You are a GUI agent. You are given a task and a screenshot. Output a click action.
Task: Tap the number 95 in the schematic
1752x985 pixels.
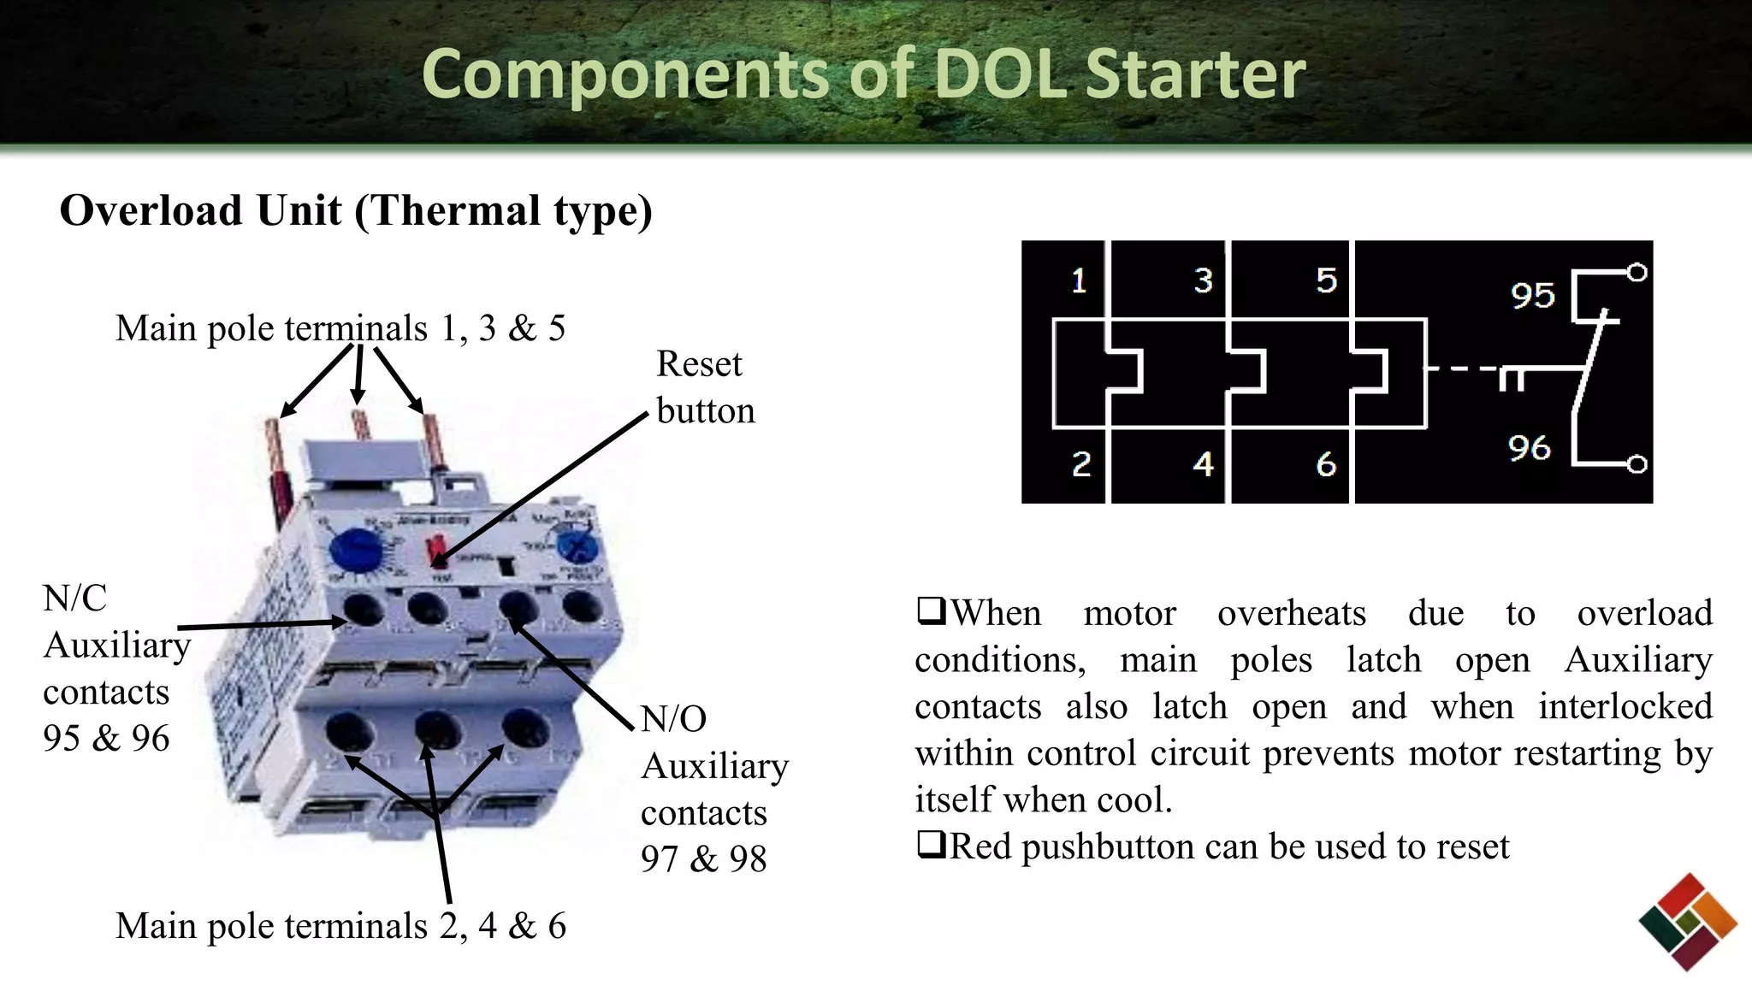coord(1532,296)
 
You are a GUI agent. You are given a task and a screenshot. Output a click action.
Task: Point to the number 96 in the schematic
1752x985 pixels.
coord(1529,447)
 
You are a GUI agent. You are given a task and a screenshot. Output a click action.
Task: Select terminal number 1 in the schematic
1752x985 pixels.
coord(1079,280)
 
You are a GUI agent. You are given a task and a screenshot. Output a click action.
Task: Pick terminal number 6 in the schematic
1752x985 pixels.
coord(1325,464)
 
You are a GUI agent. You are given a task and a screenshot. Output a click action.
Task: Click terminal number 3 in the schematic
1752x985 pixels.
coord(1203,280)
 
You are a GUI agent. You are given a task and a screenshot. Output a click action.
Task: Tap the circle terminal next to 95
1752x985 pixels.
coord(1637,273)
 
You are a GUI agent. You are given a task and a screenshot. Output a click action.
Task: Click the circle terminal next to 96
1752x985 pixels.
coord(1637,464)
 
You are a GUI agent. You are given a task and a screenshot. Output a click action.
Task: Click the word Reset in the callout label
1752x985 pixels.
coord(699,364)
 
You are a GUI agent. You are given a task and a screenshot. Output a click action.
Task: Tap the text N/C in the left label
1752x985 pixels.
coord(75,599)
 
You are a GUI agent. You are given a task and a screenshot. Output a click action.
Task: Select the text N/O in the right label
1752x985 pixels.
coord(674,719)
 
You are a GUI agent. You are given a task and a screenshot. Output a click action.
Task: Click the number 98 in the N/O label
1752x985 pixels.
coord(748,859)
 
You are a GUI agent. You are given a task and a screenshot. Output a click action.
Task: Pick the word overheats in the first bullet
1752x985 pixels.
coord(1292,613)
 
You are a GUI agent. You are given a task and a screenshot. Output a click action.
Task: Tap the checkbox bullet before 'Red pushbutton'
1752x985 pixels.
coord(931,845)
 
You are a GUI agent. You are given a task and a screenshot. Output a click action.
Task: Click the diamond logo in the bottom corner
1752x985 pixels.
coord(1687,922)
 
